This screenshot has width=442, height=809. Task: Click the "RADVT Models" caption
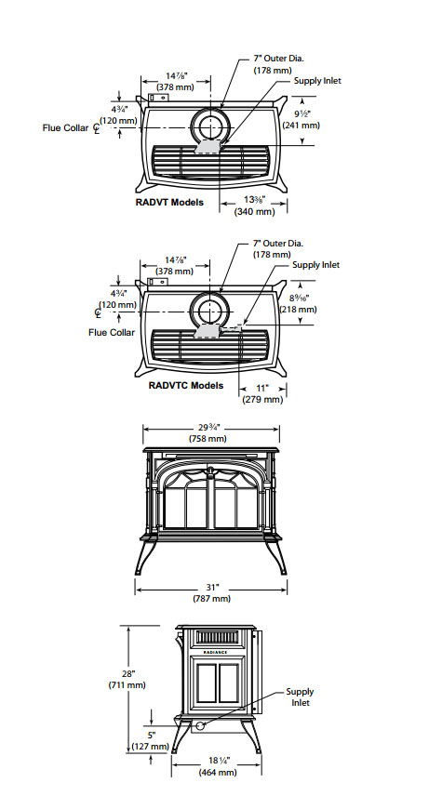[x=169, y=201]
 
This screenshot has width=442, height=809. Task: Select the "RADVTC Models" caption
[x=186, y=385]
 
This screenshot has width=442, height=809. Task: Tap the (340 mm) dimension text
[x=254, y=211]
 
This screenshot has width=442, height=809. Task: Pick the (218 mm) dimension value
[x=300, y=309]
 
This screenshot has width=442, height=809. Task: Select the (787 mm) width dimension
[x=211, y=598]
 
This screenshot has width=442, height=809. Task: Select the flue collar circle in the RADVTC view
[x=208, y=311]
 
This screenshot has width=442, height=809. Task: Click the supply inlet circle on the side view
[x=198, y=723]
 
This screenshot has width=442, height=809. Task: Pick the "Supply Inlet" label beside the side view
[x=300, y=697]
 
